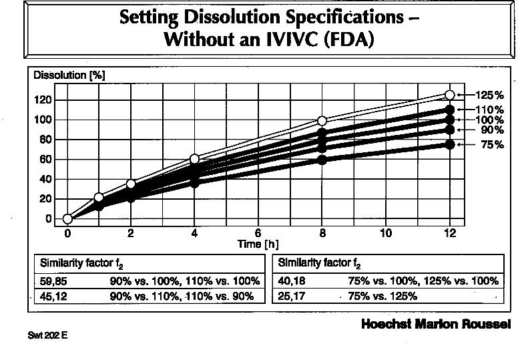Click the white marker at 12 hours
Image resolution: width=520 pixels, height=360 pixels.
coord(449,96)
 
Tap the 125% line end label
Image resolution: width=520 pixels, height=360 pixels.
coord(489,96)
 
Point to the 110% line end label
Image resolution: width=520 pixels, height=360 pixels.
coord(489,110)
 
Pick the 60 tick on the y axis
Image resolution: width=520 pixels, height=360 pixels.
coord(45,159)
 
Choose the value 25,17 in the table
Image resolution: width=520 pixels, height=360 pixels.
coord(292,296)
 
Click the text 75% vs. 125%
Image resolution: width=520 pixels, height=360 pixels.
coord(382,296)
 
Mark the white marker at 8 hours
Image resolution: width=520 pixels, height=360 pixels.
coord(322,121)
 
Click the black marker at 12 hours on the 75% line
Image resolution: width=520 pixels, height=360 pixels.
coord(449,144)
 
